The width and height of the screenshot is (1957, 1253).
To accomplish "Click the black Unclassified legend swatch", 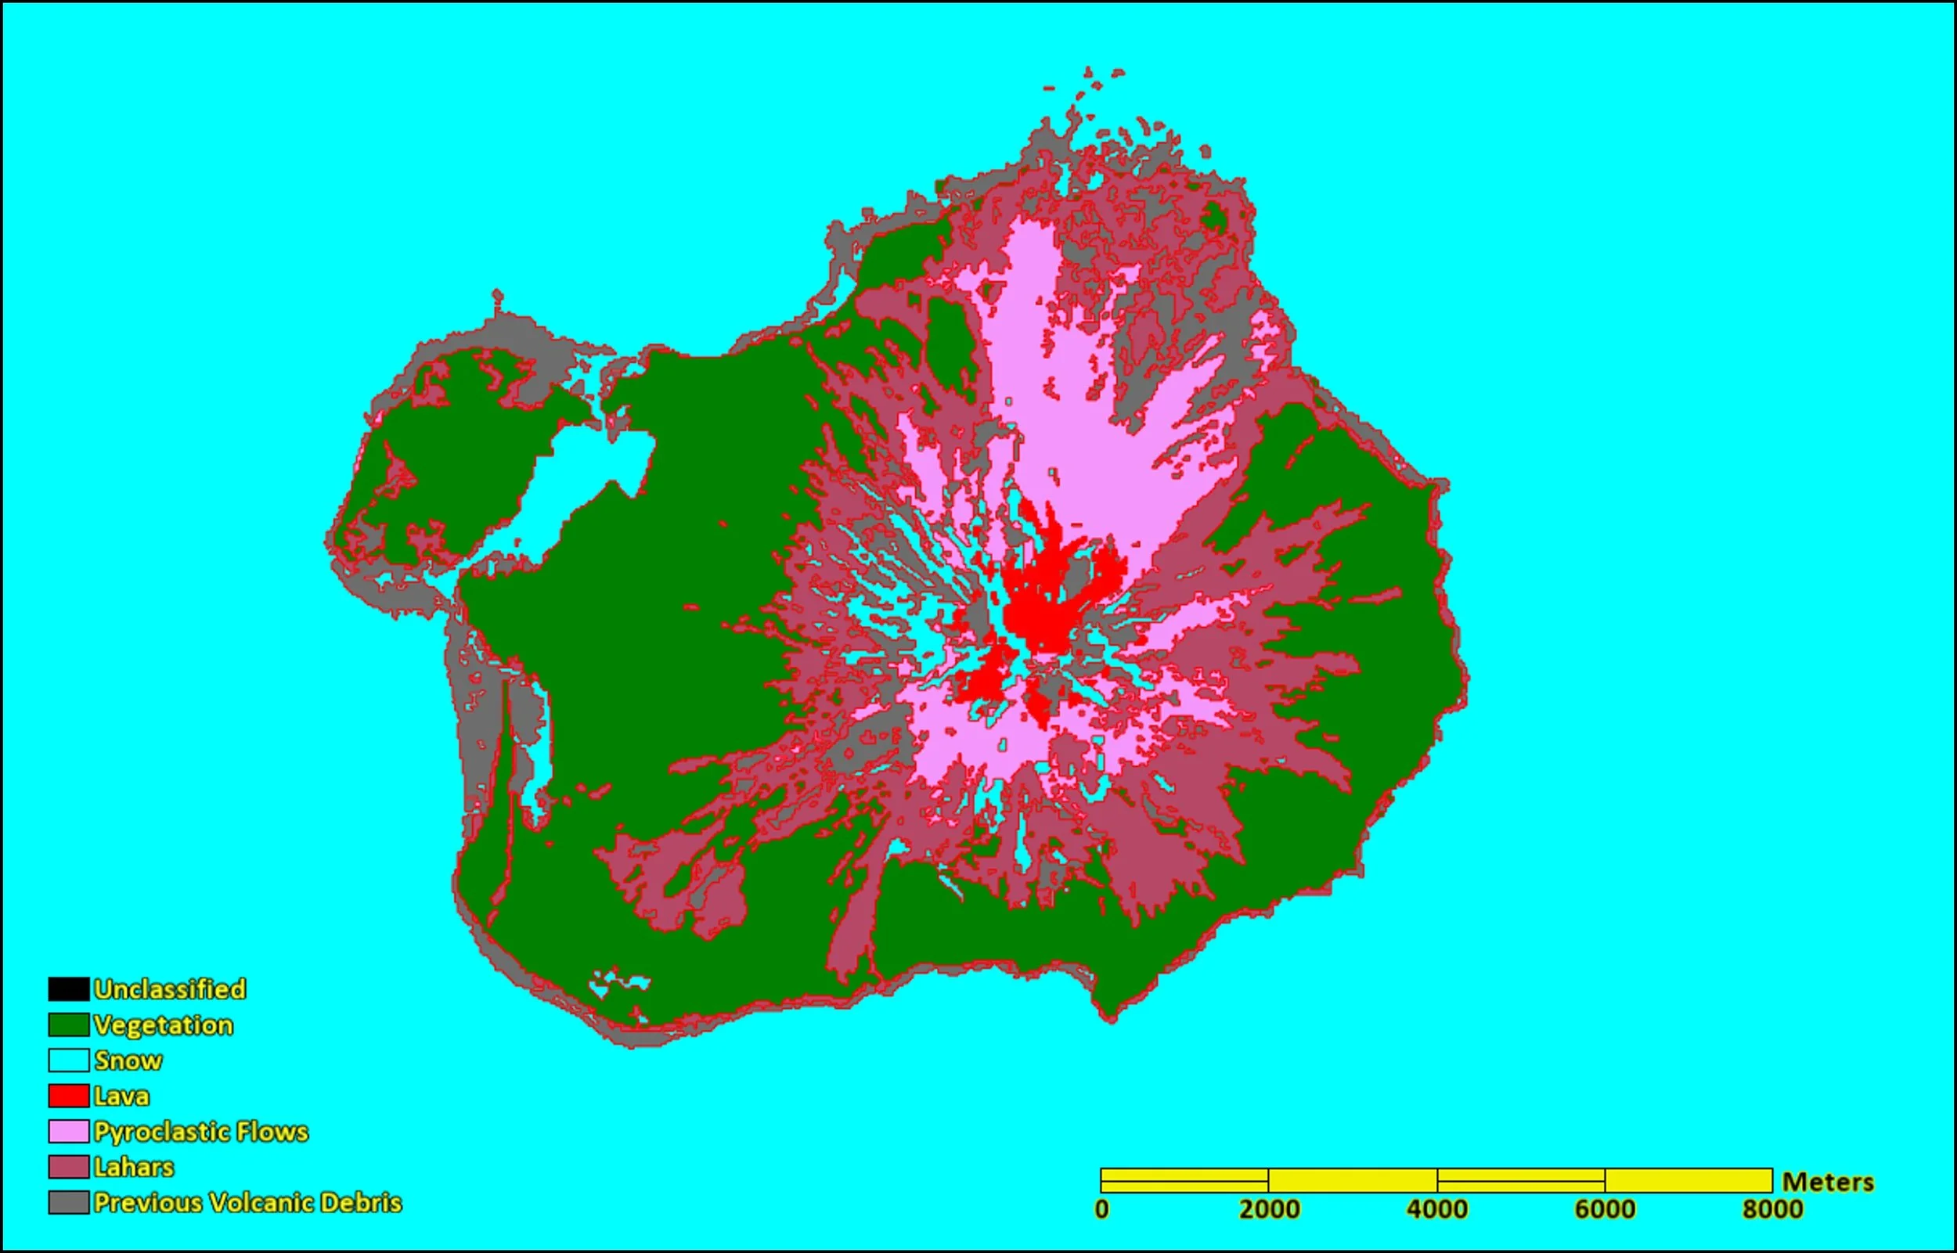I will click(x=68, y=988).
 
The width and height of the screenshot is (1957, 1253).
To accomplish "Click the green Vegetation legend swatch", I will click(x=68, y=1024).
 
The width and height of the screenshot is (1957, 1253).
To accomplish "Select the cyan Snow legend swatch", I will click(x=68, y=1060).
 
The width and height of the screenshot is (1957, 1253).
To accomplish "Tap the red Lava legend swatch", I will click(x=68, y=1096).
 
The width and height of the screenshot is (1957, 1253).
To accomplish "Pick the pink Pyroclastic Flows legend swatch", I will click(x=68, y=1131).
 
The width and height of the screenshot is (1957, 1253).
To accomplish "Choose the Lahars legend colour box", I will click(x=68, y=1167).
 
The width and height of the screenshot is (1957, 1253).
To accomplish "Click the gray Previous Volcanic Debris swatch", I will click(x=68, y=1203).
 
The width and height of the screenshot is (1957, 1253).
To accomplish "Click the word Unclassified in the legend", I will click(x=169, y=988).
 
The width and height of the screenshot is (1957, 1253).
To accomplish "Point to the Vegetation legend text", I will click(x=164, y=1024).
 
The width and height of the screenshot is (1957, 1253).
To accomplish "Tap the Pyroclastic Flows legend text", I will click(x=201, y=1131).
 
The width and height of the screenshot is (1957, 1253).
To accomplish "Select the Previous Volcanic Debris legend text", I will click(x=247, y=1203).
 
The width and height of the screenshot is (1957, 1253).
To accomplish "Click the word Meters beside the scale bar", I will click(x=1828, y=1182).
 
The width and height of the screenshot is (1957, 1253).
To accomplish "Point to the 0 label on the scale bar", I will click(x=1101, y=1209).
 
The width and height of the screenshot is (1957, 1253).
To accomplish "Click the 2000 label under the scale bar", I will click(x=1269, y=1209).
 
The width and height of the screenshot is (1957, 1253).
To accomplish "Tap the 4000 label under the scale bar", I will click(x=1437, y=1209).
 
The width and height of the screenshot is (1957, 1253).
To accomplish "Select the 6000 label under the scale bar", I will click(x=1605, y=1209).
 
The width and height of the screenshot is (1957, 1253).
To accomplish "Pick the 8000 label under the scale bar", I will click(x=1772, y=1209).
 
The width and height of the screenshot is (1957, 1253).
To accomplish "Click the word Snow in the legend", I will click(x=128, y=1060).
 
